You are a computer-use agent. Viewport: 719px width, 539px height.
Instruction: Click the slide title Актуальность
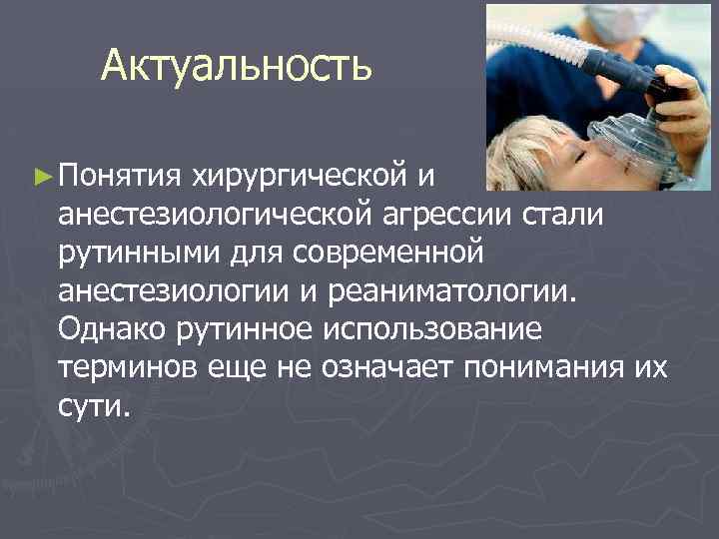236,67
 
